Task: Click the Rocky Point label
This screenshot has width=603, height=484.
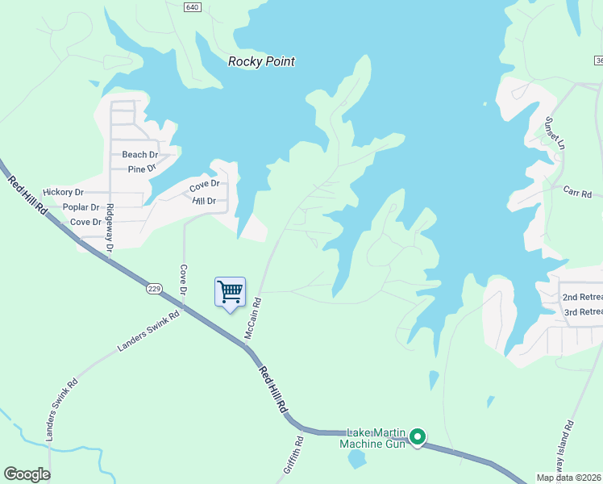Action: tap(261, 61)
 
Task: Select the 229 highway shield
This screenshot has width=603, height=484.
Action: tap(156, 288)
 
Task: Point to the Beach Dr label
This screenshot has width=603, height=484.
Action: tap(140, 154)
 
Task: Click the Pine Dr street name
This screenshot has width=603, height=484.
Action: tap(146, 169)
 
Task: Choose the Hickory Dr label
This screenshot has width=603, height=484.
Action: tap(64, 192)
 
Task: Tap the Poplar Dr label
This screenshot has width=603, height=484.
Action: tap(80, 207)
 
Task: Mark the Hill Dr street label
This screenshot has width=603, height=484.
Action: tap(204, 201)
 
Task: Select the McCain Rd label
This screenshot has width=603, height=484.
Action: tap(255, 319)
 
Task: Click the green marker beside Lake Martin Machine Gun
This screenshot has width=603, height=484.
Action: tap(418, 437)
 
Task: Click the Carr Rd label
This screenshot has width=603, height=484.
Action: tap(578, 194)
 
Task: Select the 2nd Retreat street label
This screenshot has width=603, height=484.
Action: tap(582, 298)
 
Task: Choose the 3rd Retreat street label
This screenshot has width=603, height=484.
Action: tap(582, 312)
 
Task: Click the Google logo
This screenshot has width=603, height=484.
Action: tap(27, 474)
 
